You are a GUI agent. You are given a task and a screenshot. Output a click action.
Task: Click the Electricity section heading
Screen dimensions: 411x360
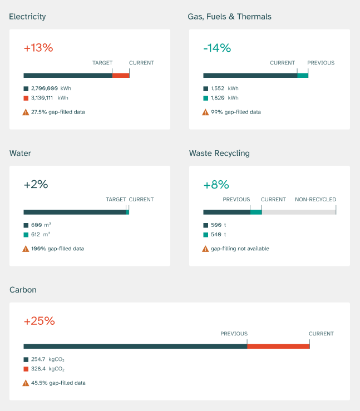pyautogui.click(x=27, y=17)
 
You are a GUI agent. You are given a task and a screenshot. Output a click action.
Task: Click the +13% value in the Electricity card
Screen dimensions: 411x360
pyautogui.click(x=38, y=48)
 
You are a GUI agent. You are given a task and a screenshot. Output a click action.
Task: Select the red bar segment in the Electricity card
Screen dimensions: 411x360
pyautogui.click(x=121, y=75)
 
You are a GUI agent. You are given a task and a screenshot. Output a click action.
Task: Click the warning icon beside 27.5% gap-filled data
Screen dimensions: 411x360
pyautogui.click(x=26, y=112)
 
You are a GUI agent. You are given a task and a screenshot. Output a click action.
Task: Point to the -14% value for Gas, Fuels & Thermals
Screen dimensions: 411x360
pyautogui.click(x=217, y=48)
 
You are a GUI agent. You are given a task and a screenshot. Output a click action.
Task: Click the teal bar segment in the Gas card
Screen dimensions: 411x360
pyautogui.click(x=302, y=75)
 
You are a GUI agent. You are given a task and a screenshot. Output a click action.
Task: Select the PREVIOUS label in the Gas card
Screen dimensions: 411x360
pyautogui.click(x=320, y=63)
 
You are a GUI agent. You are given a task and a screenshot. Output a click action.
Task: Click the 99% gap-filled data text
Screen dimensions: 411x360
pyautogui.click(x=235, y=112)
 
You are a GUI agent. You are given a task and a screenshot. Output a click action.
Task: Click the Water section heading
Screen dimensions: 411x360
pyautogui.click(x=20, y=153)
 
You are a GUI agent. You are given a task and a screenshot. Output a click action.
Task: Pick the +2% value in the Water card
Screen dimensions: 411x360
pyautogui.click(x=36, y=185)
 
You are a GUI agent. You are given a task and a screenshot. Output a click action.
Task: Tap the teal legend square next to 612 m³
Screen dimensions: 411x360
pyautogui.click(x=26, y=235)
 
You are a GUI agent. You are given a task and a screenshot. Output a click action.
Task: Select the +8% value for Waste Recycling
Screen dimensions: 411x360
pyautogui.click(x=216, y=185)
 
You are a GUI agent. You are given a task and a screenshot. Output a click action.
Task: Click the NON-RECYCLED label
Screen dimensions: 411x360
pyautogui.click(x=315, y=200)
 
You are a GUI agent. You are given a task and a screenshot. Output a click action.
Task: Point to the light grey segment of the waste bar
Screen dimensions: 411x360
pyautogui.click(x=299, y=212)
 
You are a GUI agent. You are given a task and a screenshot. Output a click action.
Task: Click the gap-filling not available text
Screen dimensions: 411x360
pyautogui.click(x=239, y=249)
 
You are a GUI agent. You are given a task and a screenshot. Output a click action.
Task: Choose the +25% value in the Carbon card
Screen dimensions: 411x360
pyautogui.click(x=39, y=321)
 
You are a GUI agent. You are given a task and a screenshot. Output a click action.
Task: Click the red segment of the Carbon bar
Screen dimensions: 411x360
pyautogui.click(x=278, y=346)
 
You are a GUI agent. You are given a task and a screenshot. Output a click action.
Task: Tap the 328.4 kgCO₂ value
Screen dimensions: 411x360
pyautogui.click(x=47, y=369)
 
